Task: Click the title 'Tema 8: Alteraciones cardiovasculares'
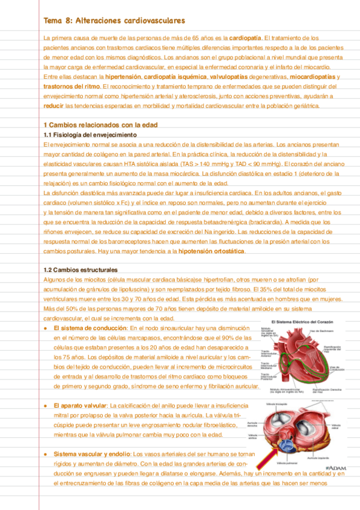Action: click(115, 21)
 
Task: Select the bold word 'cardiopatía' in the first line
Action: click(245, 38)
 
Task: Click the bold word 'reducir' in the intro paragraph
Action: click(53, 105)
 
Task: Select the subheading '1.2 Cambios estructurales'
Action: click(81, 269)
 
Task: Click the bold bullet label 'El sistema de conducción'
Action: click(90, 328)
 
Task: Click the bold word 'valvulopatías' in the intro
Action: click(245, 77)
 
